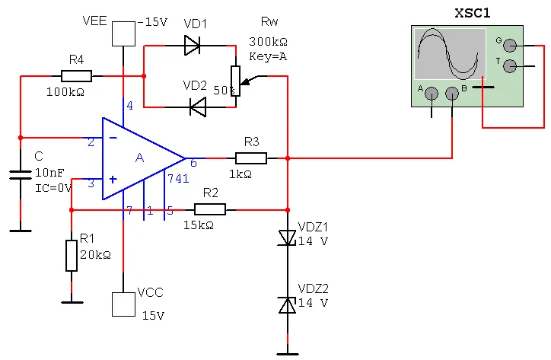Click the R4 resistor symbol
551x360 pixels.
pyautogui.click(x=76, y=76)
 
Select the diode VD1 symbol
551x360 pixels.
pyautogui.click(x=193, y=46)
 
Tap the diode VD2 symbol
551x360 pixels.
pyautogui.click(x=198, y=107)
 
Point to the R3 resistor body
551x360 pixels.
pyautogui.click(x=251, y=158)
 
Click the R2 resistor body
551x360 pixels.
pyautogui.click(x=210, y=209)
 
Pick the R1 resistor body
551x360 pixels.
pyautogui.click(x=72, y=256)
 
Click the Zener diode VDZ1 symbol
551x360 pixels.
pyautogui.click(x=287, y=237)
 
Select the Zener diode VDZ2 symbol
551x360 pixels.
pyautogui.click(x=287, y=304)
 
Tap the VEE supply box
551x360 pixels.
pyautogui.click(x=123, y=33)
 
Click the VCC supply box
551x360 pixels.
pyautogui.click(x=123, y=304)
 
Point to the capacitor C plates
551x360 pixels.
pyautogui.click(x=21, y=175)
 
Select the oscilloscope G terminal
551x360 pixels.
pyautogui.click(x=510, y=46)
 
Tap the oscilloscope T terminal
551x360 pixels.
pyautogui.click(x=510, y=65)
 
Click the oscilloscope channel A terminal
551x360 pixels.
pyautogui.click(x=432, y=94)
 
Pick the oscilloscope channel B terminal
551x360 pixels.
pyautogui.click(x=452, y=94)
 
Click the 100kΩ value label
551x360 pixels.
pyautogui.click(x=65, y=92)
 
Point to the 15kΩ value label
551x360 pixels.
pyautogui.click(x=199, y=225)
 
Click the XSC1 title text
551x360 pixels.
pyautogui.click(x=473, y=13)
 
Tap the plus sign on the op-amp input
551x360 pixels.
pyautogui.click(x=113, y=180)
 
